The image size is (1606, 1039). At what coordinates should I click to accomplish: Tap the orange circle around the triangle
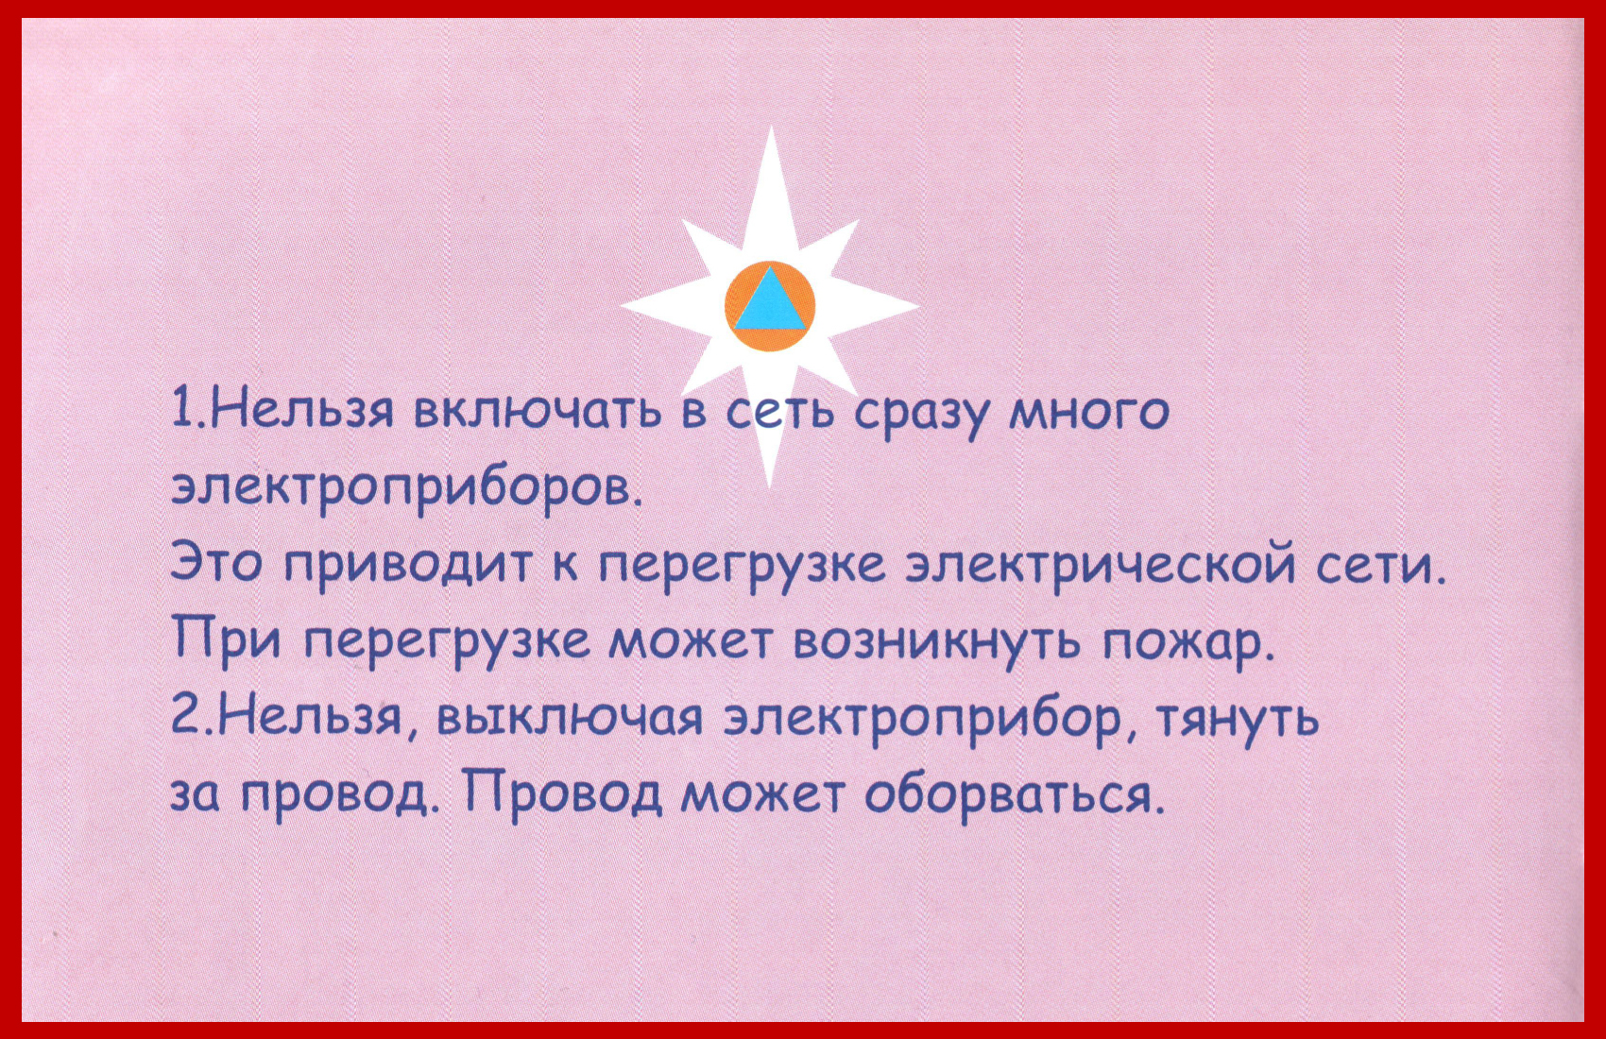point(770,342)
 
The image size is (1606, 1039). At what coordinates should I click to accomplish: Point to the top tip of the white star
point(771,127)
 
